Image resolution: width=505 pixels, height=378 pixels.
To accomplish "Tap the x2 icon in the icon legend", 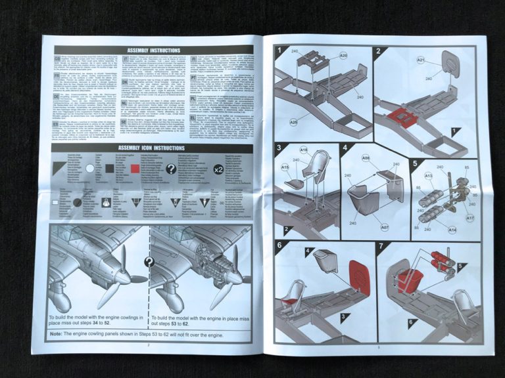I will tap(218, 169).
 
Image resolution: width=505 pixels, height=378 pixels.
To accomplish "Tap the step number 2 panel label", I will tap(379, 51).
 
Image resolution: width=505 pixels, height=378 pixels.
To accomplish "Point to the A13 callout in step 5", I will tap(428, 175).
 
